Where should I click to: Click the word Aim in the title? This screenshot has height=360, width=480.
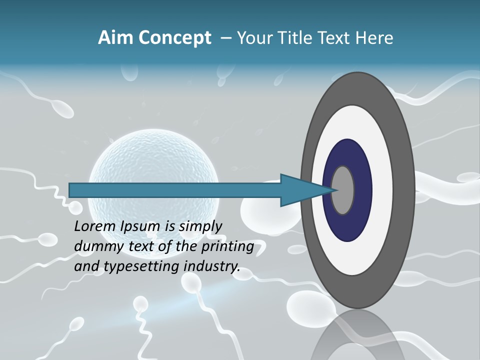tap(110, 38)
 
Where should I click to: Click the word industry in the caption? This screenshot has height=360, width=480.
tap(212, 266)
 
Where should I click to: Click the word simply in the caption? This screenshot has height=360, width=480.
tap(200, 226)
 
